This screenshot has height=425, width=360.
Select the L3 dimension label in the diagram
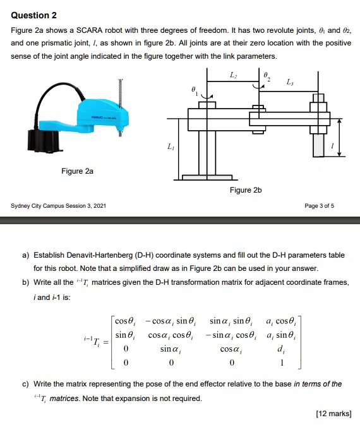(290, 82)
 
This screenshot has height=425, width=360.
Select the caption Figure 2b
(246, 189)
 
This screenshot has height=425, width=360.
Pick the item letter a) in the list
(26, 255)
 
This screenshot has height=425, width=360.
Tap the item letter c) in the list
(26, 383)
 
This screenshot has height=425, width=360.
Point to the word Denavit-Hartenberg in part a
(105, 255)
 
